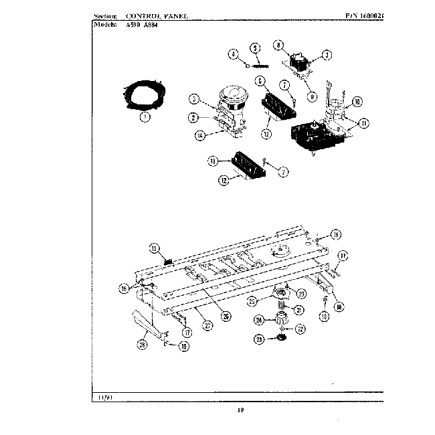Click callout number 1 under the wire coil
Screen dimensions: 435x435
point(145,116)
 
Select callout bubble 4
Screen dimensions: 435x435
point(234,55)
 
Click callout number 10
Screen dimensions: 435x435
point(357,102)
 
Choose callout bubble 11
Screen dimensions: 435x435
point(363,123)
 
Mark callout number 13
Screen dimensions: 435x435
point(213,161)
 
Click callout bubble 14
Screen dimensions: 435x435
point(199,135)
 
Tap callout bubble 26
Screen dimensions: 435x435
point(226,317)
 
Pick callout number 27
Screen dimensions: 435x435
point(208,326)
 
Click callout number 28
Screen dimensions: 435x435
point(142,345)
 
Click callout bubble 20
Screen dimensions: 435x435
point(300,293)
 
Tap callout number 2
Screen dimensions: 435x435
point(193,118)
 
